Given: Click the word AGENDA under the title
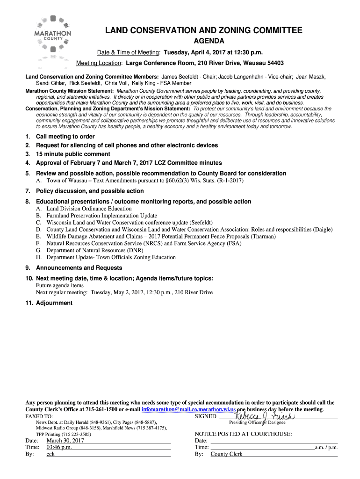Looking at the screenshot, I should [203, 41].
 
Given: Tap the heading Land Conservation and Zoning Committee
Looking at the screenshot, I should [203, 30].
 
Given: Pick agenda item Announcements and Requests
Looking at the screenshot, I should [79, 268].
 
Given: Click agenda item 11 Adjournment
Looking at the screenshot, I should [54, 303].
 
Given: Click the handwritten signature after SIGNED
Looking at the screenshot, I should [264, 416].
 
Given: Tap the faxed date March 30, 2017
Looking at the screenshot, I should [65, 441].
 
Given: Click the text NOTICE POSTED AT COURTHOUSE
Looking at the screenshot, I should [243, 434].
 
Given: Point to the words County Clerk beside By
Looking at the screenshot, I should [226, 454].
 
